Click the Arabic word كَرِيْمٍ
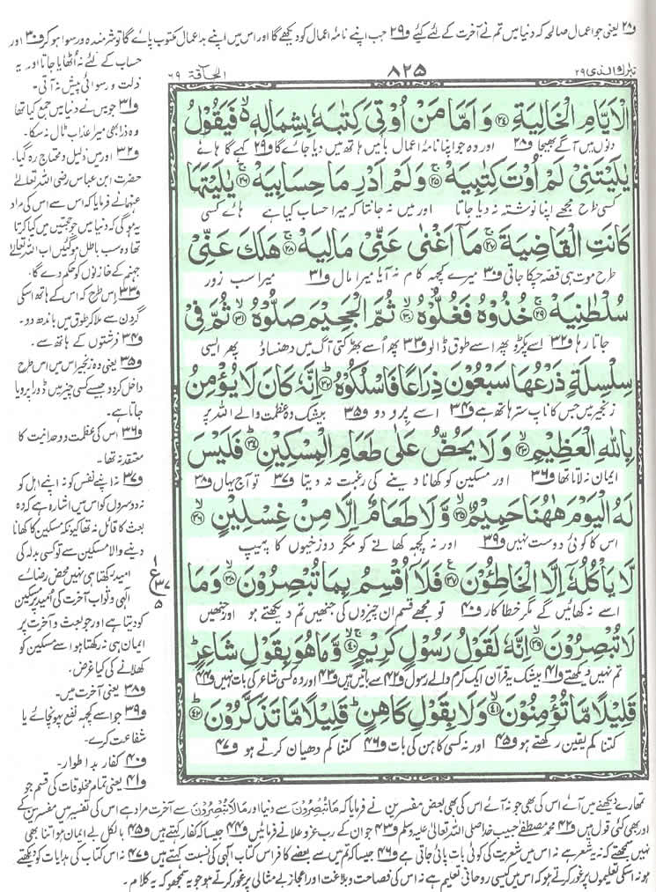click(366, 639)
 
